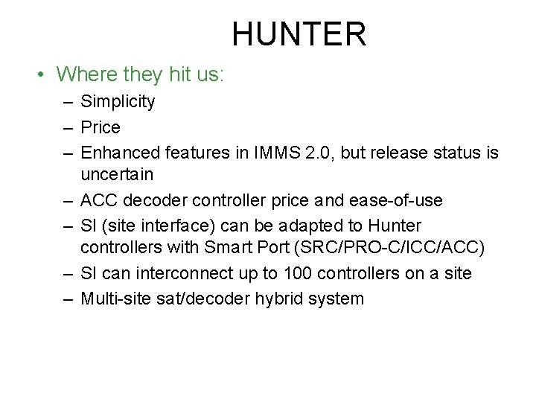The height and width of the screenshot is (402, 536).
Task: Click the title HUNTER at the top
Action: (x=299, y=34)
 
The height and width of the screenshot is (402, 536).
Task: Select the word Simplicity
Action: (x=118, y=101)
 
